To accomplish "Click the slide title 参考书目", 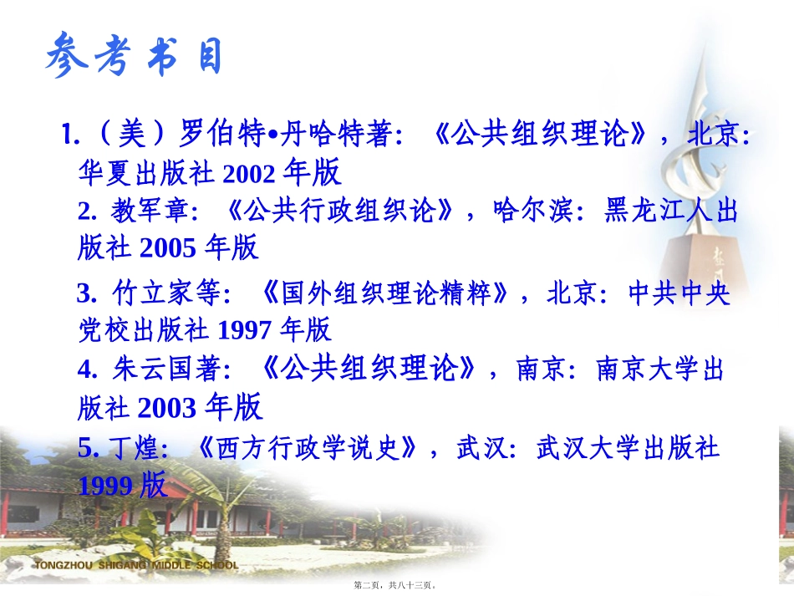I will coord(134,58).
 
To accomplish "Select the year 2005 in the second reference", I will coord(168,247).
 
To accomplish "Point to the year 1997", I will coord(244,329).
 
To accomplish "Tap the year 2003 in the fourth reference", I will coord(167,407).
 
